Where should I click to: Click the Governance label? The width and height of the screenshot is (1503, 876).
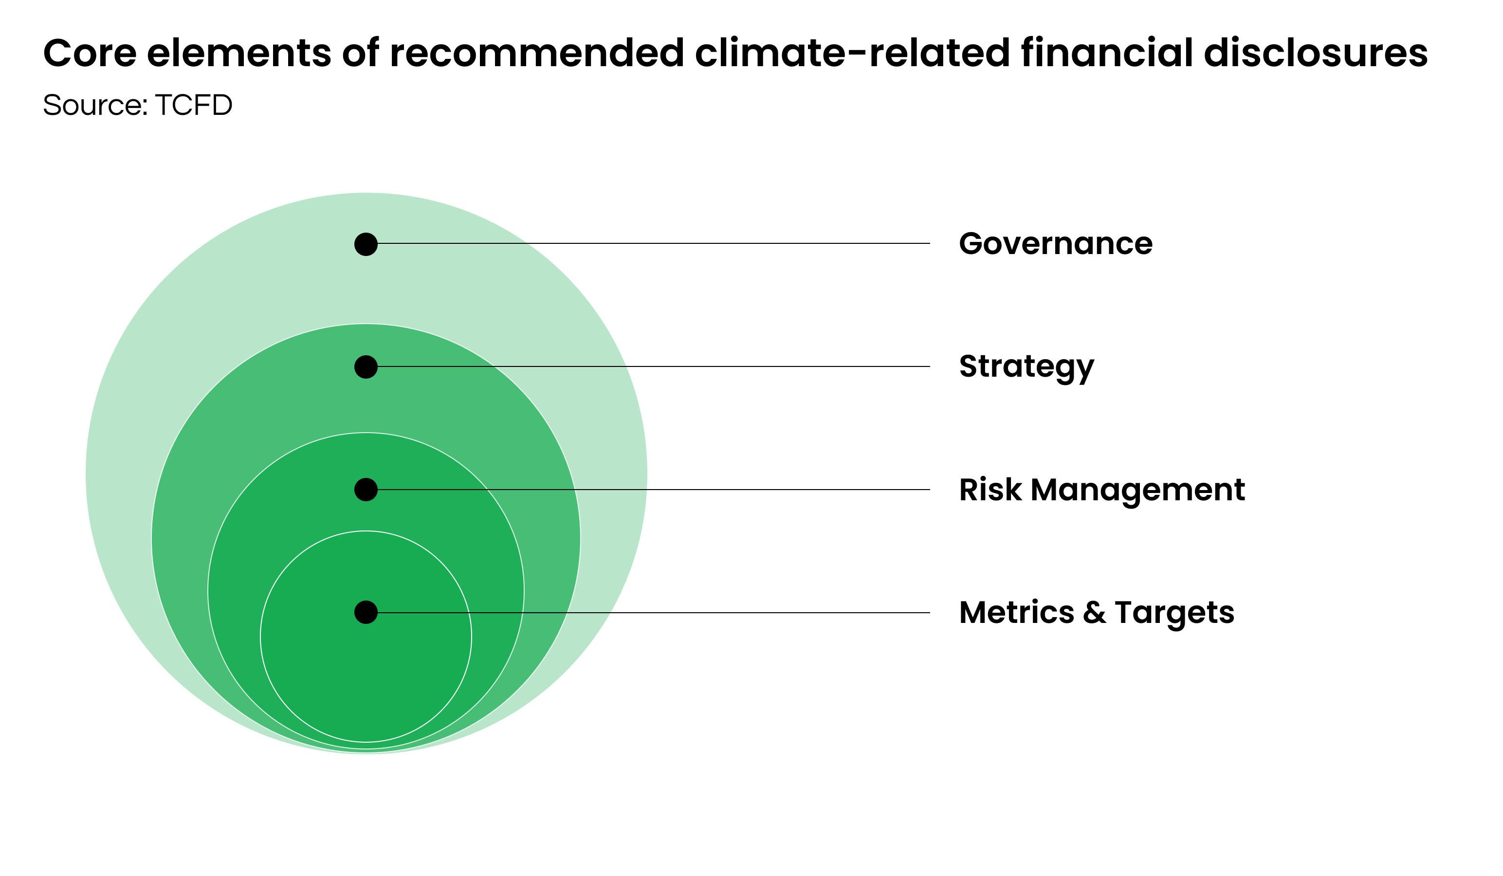coord(1055,244)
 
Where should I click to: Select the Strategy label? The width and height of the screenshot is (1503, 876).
coord(1026,367)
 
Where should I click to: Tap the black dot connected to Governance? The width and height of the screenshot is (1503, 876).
coord(366,244)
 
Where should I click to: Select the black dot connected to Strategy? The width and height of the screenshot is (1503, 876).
coord(366,367)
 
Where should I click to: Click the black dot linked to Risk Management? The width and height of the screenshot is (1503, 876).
coord(366,490)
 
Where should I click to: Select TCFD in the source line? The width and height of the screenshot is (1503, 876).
coord(193,105)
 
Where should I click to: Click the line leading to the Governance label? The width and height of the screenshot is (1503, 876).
coord(656,243)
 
